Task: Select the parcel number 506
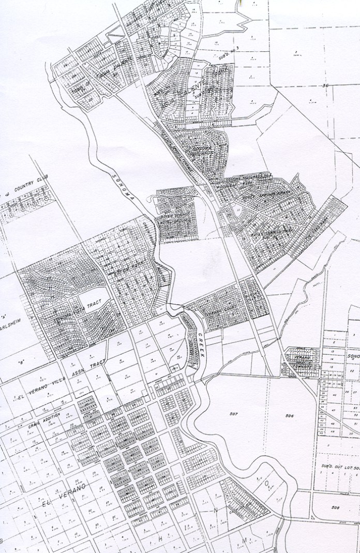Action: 288,415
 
